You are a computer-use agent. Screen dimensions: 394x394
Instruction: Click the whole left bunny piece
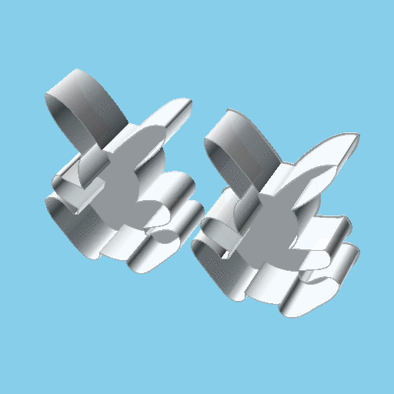(123, 185)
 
